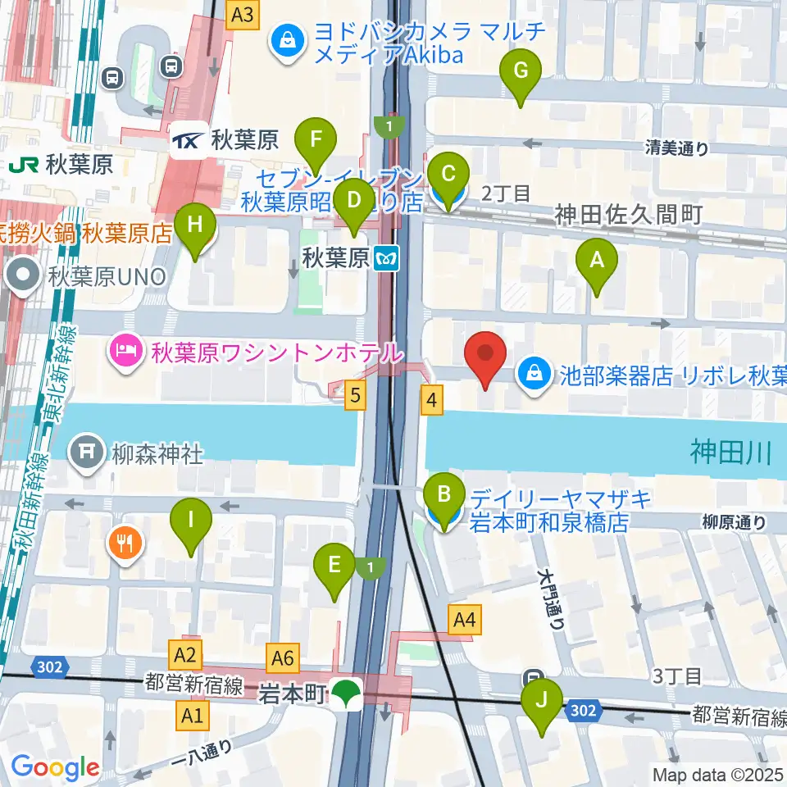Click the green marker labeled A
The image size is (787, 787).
597,262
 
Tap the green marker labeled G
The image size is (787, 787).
521,72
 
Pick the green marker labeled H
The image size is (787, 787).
194,226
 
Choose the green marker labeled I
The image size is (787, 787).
191,521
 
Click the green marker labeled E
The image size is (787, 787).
334,566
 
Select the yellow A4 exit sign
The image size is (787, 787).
465,620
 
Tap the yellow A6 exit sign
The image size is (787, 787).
283,656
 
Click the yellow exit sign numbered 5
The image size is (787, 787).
354,396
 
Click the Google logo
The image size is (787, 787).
55,767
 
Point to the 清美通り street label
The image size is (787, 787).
676,148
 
